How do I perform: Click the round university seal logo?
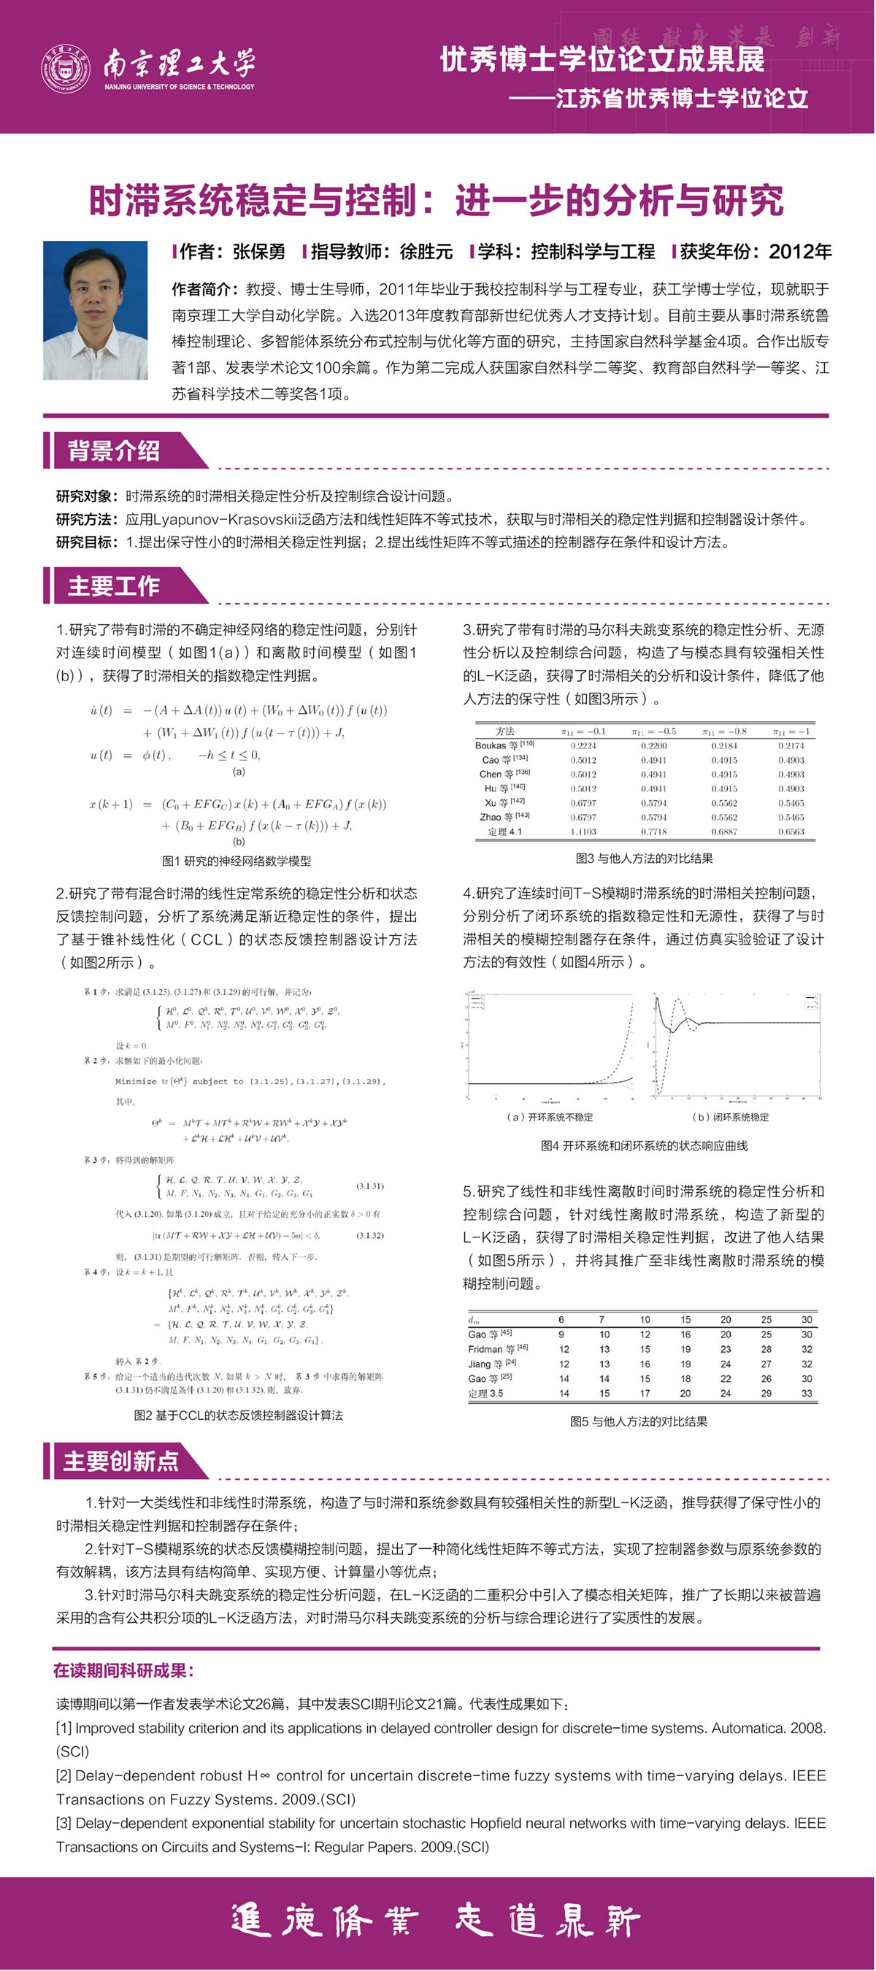coord(66,67)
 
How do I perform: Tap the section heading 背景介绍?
coord(113,450)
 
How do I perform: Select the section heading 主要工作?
coord(113,586)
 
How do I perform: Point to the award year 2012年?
coord(800,252)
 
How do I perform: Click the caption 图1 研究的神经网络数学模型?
coord(237,861)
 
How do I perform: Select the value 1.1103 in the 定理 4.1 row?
coord(583,831)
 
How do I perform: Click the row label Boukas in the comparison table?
coord(491,745)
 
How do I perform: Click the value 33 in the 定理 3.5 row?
coord(807,1394)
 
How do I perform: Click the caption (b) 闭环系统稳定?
coord(730,1117)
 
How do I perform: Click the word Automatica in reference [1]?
coord(747,1728)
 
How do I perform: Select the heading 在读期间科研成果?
coord(123,1670)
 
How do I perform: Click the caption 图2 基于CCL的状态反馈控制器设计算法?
coord(238,1415)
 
